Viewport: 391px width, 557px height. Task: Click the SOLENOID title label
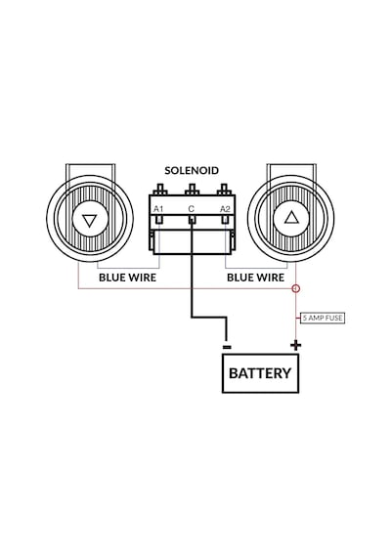tap(192, 170)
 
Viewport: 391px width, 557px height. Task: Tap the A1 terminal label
tap(158, 209)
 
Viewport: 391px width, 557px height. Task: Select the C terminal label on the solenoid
tap(192, 209)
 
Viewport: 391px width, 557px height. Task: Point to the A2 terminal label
tap(225, 209)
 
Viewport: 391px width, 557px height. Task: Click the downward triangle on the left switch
tap(89, 221)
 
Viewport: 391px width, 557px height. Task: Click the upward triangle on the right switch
tap(292, 217)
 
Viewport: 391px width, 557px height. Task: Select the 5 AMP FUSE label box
tap(323, 318)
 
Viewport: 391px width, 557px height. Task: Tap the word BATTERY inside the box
tap(260, 373)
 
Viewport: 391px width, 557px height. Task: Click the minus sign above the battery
tap(227, 347)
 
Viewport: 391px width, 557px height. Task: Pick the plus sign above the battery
tap(296, 345)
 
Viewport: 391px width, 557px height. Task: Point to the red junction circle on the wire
tap(296, 288)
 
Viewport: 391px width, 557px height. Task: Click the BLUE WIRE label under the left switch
tap(128, 278)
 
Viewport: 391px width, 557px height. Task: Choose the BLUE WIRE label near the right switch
tap(255, 278)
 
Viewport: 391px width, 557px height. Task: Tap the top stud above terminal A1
tap(160, 189)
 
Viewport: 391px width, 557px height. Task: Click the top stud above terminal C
tap(192, 189)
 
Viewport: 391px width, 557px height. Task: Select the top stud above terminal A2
tap(224, 189)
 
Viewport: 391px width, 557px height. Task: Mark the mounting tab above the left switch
tap(90, 170)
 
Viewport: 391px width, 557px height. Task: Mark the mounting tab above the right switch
tap(291, 170)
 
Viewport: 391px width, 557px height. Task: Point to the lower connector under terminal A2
tap(225, 220)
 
